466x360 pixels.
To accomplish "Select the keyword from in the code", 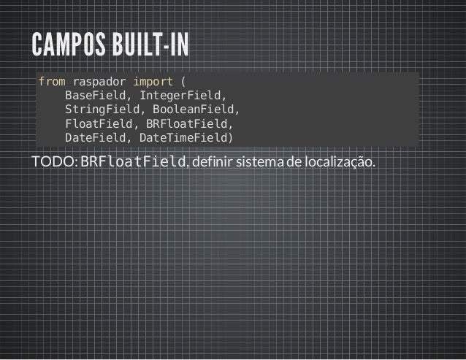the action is [50, 80].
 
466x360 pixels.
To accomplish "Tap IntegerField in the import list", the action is [183, 95].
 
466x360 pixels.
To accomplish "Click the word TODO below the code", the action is [53, 161].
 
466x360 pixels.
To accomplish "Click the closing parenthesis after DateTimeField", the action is [231, 137].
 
